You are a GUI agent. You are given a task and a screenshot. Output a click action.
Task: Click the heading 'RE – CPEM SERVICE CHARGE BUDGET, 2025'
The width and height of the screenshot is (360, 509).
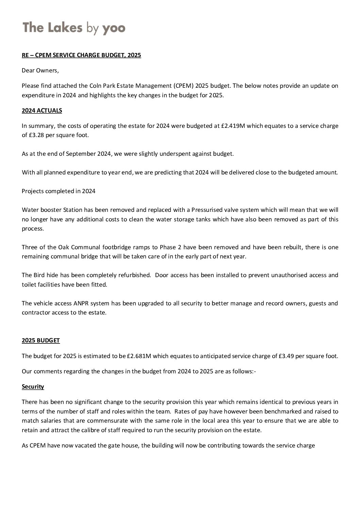tap(81, 55)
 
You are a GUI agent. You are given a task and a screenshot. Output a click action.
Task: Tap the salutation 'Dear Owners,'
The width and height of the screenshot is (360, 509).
tap(40, 70)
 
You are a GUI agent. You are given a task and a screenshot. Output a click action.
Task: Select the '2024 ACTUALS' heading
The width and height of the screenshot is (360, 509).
tap(42, 111)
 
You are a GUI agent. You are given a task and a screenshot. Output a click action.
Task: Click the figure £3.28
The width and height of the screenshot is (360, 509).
tap(36, 135)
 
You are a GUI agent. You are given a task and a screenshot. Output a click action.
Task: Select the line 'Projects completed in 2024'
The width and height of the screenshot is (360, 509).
tap(59, 191)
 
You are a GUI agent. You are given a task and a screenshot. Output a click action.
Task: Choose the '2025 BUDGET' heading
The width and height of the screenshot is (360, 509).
tap(40, 340)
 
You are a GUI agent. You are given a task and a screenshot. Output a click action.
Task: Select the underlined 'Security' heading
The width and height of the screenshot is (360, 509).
tap(33, 387)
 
